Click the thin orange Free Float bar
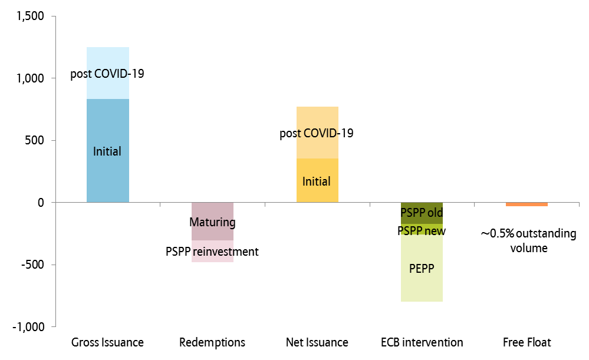(527, 204)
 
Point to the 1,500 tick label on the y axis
(31, 16)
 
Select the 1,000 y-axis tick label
(31, 78)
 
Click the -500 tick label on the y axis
(34, 265)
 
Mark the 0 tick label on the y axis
(41, 203)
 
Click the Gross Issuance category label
(107, 342)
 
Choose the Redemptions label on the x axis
(212, 342)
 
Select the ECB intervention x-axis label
(422, 342)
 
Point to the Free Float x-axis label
(527, 342)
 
